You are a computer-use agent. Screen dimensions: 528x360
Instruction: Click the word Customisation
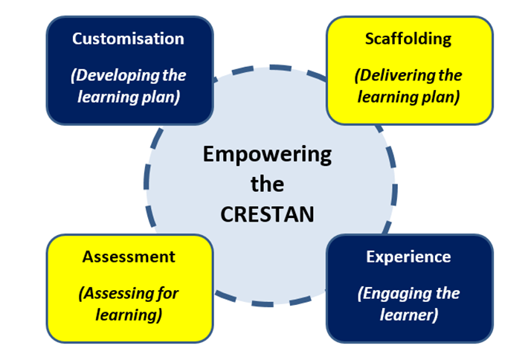[x=128, y=39]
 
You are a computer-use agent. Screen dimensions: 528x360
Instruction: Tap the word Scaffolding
[x=408, y=39]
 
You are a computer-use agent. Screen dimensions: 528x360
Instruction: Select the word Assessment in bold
[x=129, y=257]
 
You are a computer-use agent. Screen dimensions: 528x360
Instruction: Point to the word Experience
[x=408, y=257]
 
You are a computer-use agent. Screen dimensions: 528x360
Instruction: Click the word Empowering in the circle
[x=267, y=155]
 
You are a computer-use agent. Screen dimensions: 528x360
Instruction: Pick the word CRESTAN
[x=267, y=214]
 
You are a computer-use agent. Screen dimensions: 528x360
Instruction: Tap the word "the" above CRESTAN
[x=267, y=184]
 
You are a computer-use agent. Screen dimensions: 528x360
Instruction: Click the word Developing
[x=116, y=75]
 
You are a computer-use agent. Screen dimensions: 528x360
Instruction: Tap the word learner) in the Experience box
[x=409, y=315]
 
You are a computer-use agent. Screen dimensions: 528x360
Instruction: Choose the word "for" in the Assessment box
[x=167, y=293]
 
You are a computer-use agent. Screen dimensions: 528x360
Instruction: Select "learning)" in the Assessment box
[x=129, y=315]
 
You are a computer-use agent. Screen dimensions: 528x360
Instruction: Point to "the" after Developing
[x=174, y=75]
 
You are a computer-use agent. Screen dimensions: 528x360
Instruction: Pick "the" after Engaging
[x=448, y=293]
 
